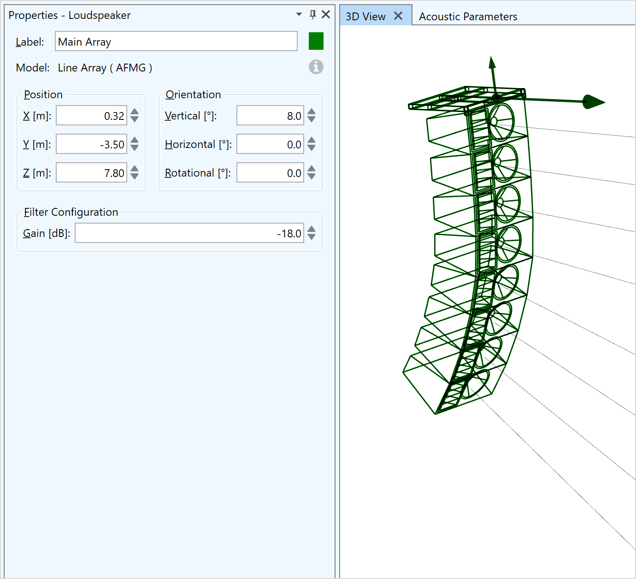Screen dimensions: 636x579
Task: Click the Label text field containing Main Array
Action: click(x=176, y=41)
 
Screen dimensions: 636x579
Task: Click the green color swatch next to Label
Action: click(x=316, y=41)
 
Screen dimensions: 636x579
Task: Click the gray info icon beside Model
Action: click(x=316, y=67)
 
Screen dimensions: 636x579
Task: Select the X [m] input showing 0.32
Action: click(x=91, y=116)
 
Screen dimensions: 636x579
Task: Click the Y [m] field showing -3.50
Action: click(x=91, y=144)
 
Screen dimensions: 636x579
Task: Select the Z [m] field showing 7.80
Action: click(x=91, y=172)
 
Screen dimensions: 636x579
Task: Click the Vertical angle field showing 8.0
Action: click(x=270, y=116)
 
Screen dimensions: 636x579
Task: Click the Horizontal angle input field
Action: click(x=270, y=144)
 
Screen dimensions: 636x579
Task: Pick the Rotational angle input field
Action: click(x=270, y=172)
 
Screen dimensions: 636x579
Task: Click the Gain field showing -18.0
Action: click(x=189, y=233)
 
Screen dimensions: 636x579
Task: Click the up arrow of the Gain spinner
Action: click(x=312, y=229)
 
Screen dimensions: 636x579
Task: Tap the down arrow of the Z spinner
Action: click(x=135, y=177)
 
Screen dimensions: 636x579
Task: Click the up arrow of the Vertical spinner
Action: click(x=312, y=112)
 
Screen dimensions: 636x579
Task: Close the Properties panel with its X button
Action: click(x=326, y=15)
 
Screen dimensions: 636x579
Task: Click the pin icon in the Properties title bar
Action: click(x=313, y=15)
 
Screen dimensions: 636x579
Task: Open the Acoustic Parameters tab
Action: click(x=468, y=17)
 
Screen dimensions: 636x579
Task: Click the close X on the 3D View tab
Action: click(x=398, y=16)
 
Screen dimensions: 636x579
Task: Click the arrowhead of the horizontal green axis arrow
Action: click(x=594, y=102)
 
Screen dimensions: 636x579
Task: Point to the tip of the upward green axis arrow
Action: click(x=491, y=57)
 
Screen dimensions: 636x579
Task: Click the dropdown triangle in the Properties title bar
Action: click(x=299, y=14)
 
